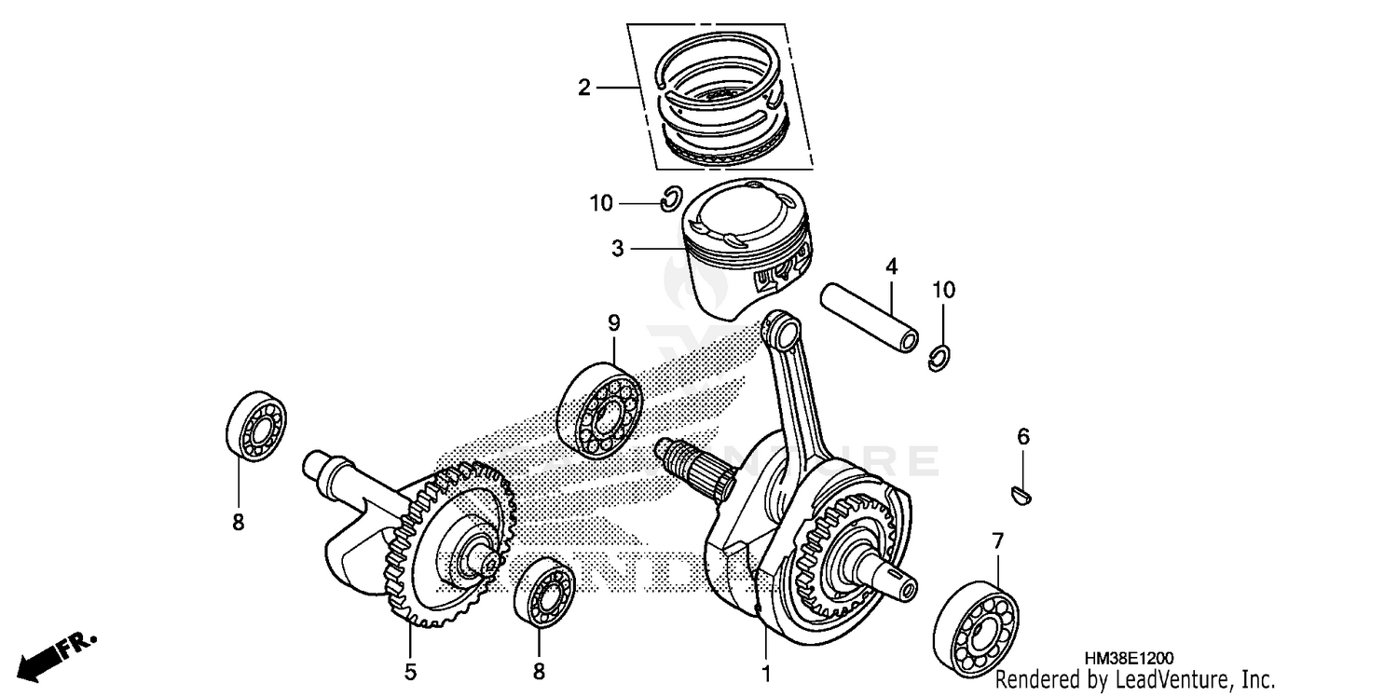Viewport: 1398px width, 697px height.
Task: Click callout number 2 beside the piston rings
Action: (x=583, y=89)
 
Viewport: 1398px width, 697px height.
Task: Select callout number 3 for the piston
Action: (x=617, y=249)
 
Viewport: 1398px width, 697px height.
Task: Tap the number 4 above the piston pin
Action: (x=891, y=267)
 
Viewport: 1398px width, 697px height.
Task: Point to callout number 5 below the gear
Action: (x=410, y=670)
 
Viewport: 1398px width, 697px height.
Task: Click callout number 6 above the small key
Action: (x=1022, y=436)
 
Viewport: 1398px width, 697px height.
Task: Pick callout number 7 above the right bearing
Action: (x=997, y=540)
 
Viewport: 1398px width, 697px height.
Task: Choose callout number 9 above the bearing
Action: (x=613, y=322)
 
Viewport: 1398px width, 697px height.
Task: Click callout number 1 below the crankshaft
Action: (x=766, y=670)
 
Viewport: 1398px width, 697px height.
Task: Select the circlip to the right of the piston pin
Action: (x=941, y=358)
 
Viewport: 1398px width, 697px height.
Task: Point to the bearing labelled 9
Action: (x=600, y=410)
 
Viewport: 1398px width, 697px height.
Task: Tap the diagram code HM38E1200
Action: (x=1128, y=658)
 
